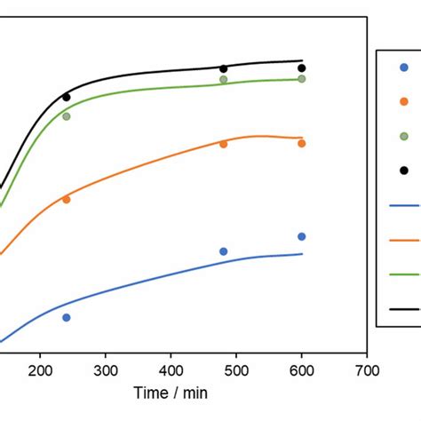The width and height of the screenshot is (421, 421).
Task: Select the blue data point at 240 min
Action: [x=67, y=317]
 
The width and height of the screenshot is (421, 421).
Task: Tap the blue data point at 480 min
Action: [x=223, y=251]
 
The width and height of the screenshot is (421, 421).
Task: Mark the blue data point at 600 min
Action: [x=302, y=236]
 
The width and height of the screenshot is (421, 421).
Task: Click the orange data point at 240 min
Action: [x=67, y=200]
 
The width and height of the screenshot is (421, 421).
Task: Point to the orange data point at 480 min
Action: [x=223, y=144]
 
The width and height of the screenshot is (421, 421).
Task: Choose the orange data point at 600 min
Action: [x=302, y=143]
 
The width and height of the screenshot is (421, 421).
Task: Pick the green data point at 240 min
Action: [x=67, y=116]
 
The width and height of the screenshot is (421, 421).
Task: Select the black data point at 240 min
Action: [x=67, y=97]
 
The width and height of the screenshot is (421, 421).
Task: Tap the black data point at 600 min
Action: [x=302, y=68]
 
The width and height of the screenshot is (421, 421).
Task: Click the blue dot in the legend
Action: [x=404, y=68]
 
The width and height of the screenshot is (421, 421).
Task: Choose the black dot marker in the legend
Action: [x=404, y=170]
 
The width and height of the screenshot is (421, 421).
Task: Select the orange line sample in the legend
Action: [x=405, y=239]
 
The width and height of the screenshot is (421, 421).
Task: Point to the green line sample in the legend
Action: [x=405, y=274]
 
